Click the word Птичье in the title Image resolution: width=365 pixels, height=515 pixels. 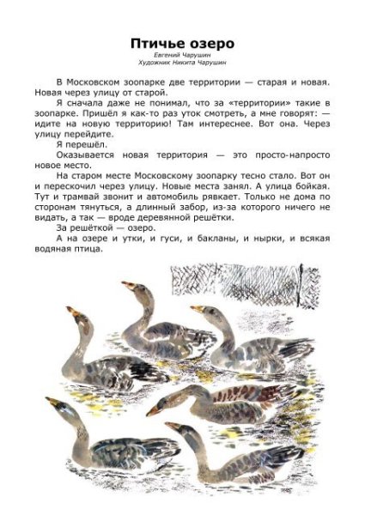157,42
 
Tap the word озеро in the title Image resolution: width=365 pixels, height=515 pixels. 210,42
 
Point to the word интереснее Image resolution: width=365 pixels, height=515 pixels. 235,121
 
